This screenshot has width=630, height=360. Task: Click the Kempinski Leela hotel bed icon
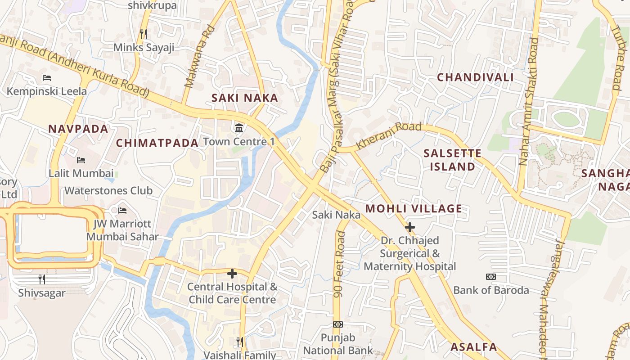pos(47,78)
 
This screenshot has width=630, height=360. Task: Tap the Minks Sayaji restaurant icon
pos(144,34)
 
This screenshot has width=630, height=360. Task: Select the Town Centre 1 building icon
pos(239,128)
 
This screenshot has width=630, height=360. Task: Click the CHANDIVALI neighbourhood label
pos(475,77)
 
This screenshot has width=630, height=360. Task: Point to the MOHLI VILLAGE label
pos(414,209)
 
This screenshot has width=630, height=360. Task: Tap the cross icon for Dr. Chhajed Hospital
pos(410,227)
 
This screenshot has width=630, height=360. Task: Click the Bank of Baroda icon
pos(491,277)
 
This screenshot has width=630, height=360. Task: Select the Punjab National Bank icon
pos(338,324)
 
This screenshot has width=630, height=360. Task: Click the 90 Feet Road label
pos(340,265)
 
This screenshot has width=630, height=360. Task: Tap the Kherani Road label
pos(389,136)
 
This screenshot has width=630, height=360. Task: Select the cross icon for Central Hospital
pos(232,273)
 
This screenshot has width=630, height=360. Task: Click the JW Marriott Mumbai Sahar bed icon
pos(122,210)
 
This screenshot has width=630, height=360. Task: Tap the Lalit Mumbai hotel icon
pos(81,160)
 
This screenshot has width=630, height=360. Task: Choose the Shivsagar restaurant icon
pos(42,279)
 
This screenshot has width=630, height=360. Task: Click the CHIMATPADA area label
pos(157,143)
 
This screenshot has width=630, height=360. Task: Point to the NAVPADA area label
pos(78,129)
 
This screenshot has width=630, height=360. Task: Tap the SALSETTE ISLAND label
pos(452,160)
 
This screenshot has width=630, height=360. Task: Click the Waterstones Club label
pos(108,191)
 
